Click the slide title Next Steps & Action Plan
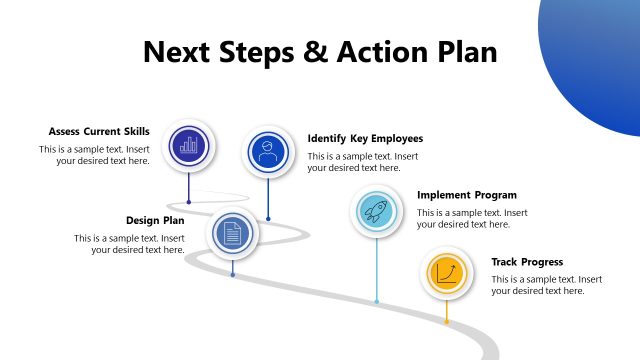320,51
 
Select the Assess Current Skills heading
99,131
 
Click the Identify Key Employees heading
365,138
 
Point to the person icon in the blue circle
267,153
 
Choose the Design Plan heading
155,220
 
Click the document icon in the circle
232,234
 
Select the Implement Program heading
467,195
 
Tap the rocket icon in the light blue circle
376,211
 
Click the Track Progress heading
527,262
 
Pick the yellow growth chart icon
446,273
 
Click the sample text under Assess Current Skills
95,155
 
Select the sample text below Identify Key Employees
363,162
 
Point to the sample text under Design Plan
130,244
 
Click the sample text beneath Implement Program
472,219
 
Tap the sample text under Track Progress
546,285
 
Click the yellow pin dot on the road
446,321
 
